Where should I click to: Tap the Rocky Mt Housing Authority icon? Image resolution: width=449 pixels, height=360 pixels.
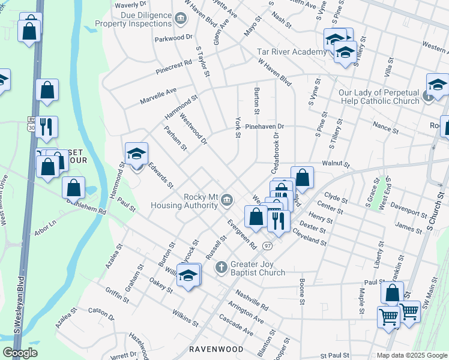pos(226,199)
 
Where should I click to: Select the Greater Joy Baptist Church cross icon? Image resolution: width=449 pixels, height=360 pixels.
pos(221,266)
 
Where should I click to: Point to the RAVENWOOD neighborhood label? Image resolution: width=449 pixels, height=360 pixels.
pos(216,349)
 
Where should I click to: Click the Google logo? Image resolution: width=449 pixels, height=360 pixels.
pos(20,353)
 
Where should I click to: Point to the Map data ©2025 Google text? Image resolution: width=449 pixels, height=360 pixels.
pos(411,355)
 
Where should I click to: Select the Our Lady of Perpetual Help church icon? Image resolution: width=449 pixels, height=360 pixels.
pos(429,96)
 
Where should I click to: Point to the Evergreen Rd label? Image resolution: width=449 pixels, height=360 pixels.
pos(241,233)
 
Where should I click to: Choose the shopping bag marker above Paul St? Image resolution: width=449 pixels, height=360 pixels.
pos(392,293)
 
